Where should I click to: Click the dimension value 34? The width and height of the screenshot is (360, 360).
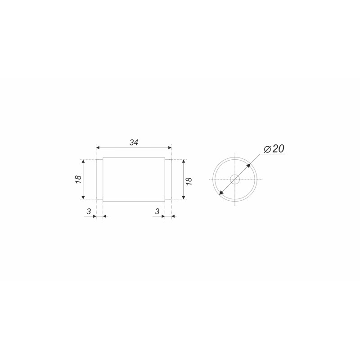click(x=134, y=143)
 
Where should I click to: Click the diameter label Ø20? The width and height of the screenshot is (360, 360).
click(x=274, y=149)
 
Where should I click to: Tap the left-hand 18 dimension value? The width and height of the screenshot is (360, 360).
click(x=78, y=179)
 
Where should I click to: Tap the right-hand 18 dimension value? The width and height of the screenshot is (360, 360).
click(x=189, y=181)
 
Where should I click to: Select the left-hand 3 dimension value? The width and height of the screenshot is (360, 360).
click(x=89, y=211)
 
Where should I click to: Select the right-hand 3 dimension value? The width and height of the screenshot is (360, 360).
click(x=157, y=211)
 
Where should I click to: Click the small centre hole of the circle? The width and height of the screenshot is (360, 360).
click(x=235, y=179)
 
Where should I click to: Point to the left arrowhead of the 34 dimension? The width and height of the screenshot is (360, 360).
click(x=98, y=148)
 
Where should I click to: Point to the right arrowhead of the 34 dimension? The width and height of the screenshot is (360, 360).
click(x=170, y=148)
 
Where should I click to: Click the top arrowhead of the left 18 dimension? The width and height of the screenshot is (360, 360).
click(x=83, y=161)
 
